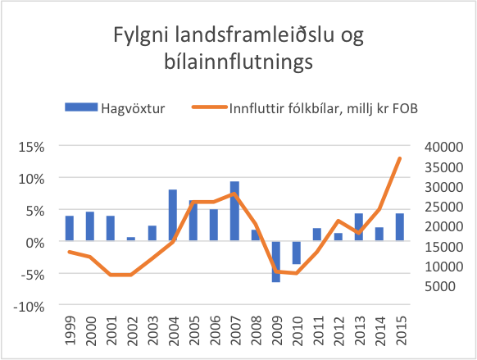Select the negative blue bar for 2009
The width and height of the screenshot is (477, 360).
coord(276,262)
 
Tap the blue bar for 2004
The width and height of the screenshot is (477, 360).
coord(173,216)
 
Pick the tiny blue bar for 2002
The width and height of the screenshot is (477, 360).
coord(131,239)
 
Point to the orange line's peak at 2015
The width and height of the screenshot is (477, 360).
coord(400,158)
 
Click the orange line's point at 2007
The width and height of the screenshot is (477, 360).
coord(234,194)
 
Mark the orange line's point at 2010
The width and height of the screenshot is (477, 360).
coord(297,273)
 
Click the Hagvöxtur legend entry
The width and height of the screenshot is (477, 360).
coord(115,107)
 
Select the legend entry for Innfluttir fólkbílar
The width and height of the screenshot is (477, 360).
coord(303,107)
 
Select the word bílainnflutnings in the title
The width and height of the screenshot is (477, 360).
coord(238,62)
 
